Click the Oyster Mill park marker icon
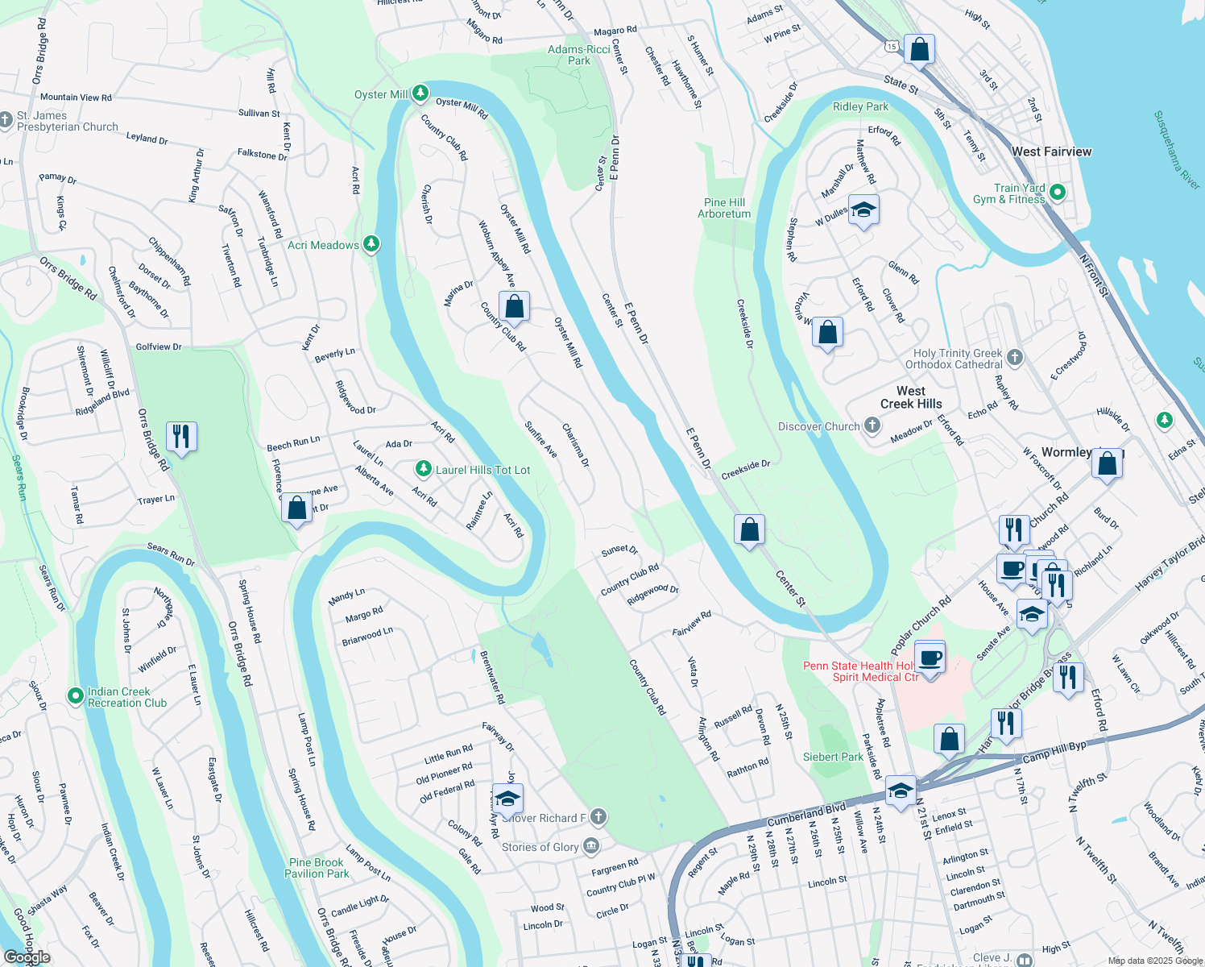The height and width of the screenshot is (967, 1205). click(420, 93)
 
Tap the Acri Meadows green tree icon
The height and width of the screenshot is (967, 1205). click(371, 243)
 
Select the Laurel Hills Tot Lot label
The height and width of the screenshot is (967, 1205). click(482, 470)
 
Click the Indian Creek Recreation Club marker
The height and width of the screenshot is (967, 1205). click(75, 695)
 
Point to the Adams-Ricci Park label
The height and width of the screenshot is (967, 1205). click(578, 55)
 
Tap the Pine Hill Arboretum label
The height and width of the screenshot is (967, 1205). click(724, 208)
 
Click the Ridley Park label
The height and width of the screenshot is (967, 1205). click(860, 106)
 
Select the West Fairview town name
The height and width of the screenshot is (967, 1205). click(1051, 151)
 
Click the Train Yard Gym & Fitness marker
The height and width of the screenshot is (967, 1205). click(1058, 193)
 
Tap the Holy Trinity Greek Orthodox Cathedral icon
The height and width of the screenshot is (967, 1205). click(1015, 357)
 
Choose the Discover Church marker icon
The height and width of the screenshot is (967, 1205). click(872, 425)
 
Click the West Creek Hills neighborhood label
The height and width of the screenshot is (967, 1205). click(911, 397)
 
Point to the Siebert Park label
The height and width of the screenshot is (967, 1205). click(833, 757)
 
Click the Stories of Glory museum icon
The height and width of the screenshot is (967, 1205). click(591, 845)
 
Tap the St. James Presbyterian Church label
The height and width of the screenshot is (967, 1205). click(68, 121)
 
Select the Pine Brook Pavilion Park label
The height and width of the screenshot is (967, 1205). click(317, 868)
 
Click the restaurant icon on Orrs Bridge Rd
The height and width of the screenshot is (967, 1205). click(181, 437)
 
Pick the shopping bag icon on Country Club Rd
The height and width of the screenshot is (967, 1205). click(514, 307)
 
